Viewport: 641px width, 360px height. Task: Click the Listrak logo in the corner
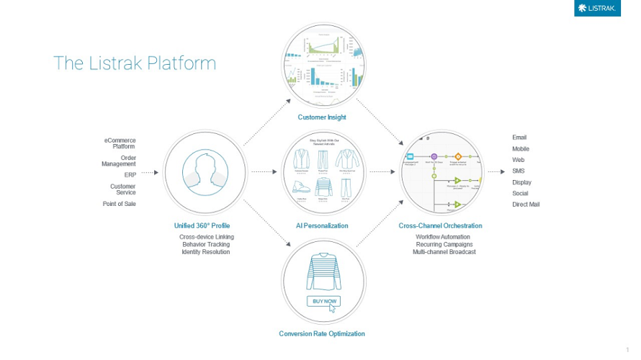tap(597, 8)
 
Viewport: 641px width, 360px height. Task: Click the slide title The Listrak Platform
tap(135, 63)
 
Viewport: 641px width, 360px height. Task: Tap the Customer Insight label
tap(322, 117)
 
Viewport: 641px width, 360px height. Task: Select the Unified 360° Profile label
tap(202, 226)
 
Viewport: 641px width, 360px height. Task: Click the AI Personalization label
tap(322, 226)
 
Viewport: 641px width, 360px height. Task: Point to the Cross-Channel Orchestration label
tap(440, 226)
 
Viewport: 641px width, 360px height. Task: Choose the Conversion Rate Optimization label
tap(322, 334)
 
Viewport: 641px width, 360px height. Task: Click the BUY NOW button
tap(323, 301)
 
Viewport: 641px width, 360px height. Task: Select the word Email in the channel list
tap(519, 138)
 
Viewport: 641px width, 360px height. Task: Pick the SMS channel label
tap(519, 171)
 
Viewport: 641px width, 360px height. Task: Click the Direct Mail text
tap(526, 204)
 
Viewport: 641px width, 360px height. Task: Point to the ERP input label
tap(130, 175)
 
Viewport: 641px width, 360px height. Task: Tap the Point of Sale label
tap(119, 204)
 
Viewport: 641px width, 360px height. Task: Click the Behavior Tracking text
tap(206, 245)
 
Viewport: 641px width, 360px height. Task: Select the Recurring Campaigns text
tap(444, 245)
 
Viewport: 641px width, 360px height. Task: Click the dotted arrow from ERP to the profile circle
tap(149, 173)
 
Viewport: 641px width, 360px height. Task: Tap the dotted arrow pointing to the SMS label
tap(496, 172)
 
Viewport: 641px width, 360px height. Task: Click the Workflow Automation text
tap(443, 237)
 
